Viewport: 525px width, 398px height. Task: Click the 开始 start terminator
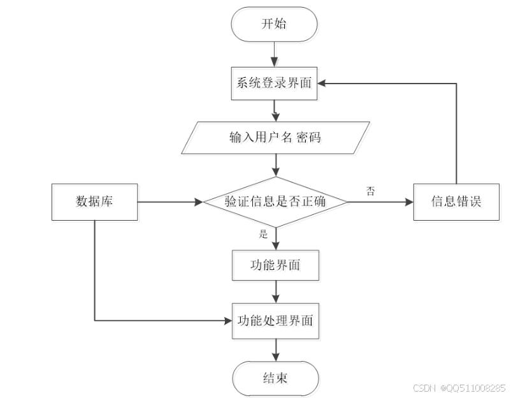pos(275,24)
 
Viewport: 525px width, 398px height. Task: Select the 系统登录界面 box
pos(275,83)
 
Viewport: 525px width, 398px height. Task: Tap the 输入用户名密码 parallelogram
pos(275,138)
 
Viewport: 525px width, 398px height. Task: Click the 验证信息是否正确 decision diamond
pos(275,202)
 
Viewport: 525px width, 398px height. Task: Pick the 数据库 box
pos(94,202)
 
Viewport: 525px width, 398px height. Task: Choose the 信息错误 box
pos(456,202)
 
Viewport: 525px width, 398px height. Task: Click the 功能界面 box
pos(275,266)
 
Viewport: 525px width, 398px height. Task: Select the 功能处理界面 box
pos(275,320)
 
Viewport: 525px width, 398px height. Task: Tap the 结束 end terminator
pos(275,378)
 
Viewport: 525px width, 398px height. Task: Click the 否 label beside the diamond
pos(370,191)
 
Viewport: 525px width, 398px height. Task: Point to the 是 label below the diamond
pos(263,233)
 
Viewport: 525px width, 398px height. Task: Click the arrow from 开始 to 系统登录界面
pos(275,54)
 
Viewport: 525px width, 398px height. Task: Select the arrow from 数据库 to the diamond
pos(169,202)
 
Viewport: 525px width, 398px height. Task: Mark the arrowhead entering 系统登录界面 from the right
pos(323,83)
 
